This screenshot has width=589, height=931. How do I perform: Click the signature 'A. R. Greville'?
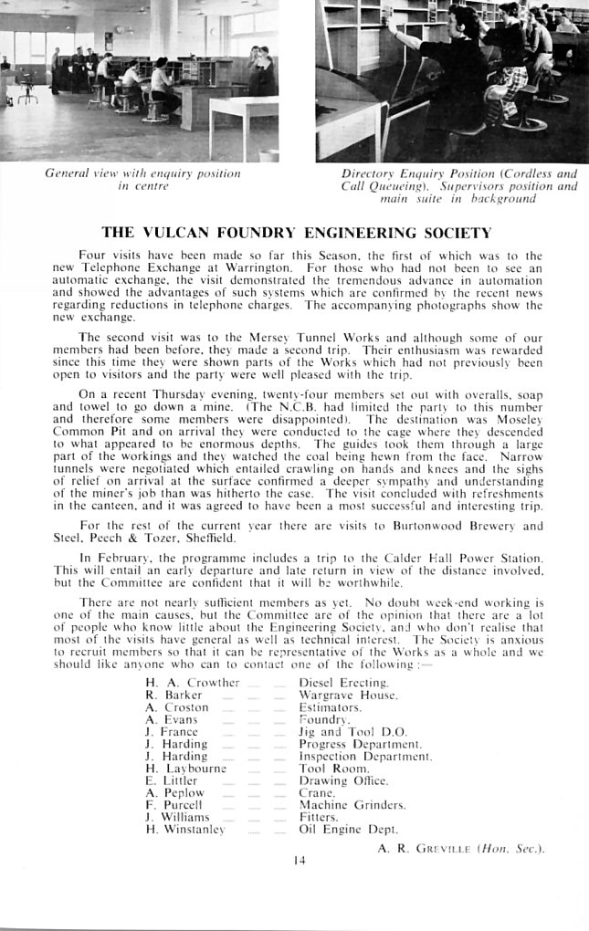pyautogui.click(x=461, y=849)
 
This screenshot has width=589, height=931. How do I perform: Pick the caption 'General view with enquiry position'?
pyautogui.click(x=142, y=173)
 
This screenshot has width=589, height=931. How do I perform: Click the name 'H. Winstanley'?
pyautogui.click(x=185, y=830)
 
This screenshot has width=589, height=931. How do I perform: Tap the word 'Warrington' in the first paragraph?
pyautogui.click(x=265, y=268)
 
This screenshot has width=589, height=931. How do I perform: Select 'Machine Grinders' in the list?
pyautogui.click(x=352, y=805)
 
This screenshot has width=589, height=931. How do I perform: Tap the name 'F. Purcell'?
pyautogui.click(x=174, y=805)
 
